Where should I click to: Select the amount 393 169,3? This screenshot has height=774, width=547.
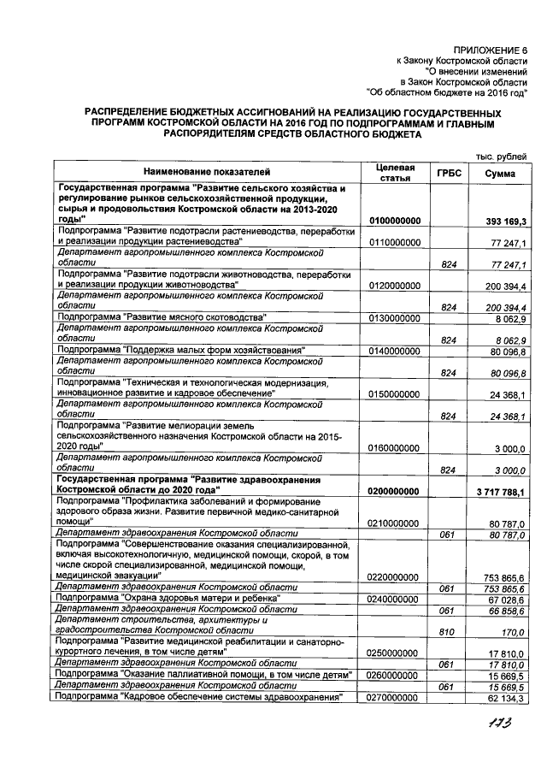pos(505,221)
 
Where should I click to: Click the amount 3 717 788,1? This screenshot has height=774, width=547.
pos(501,491)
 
